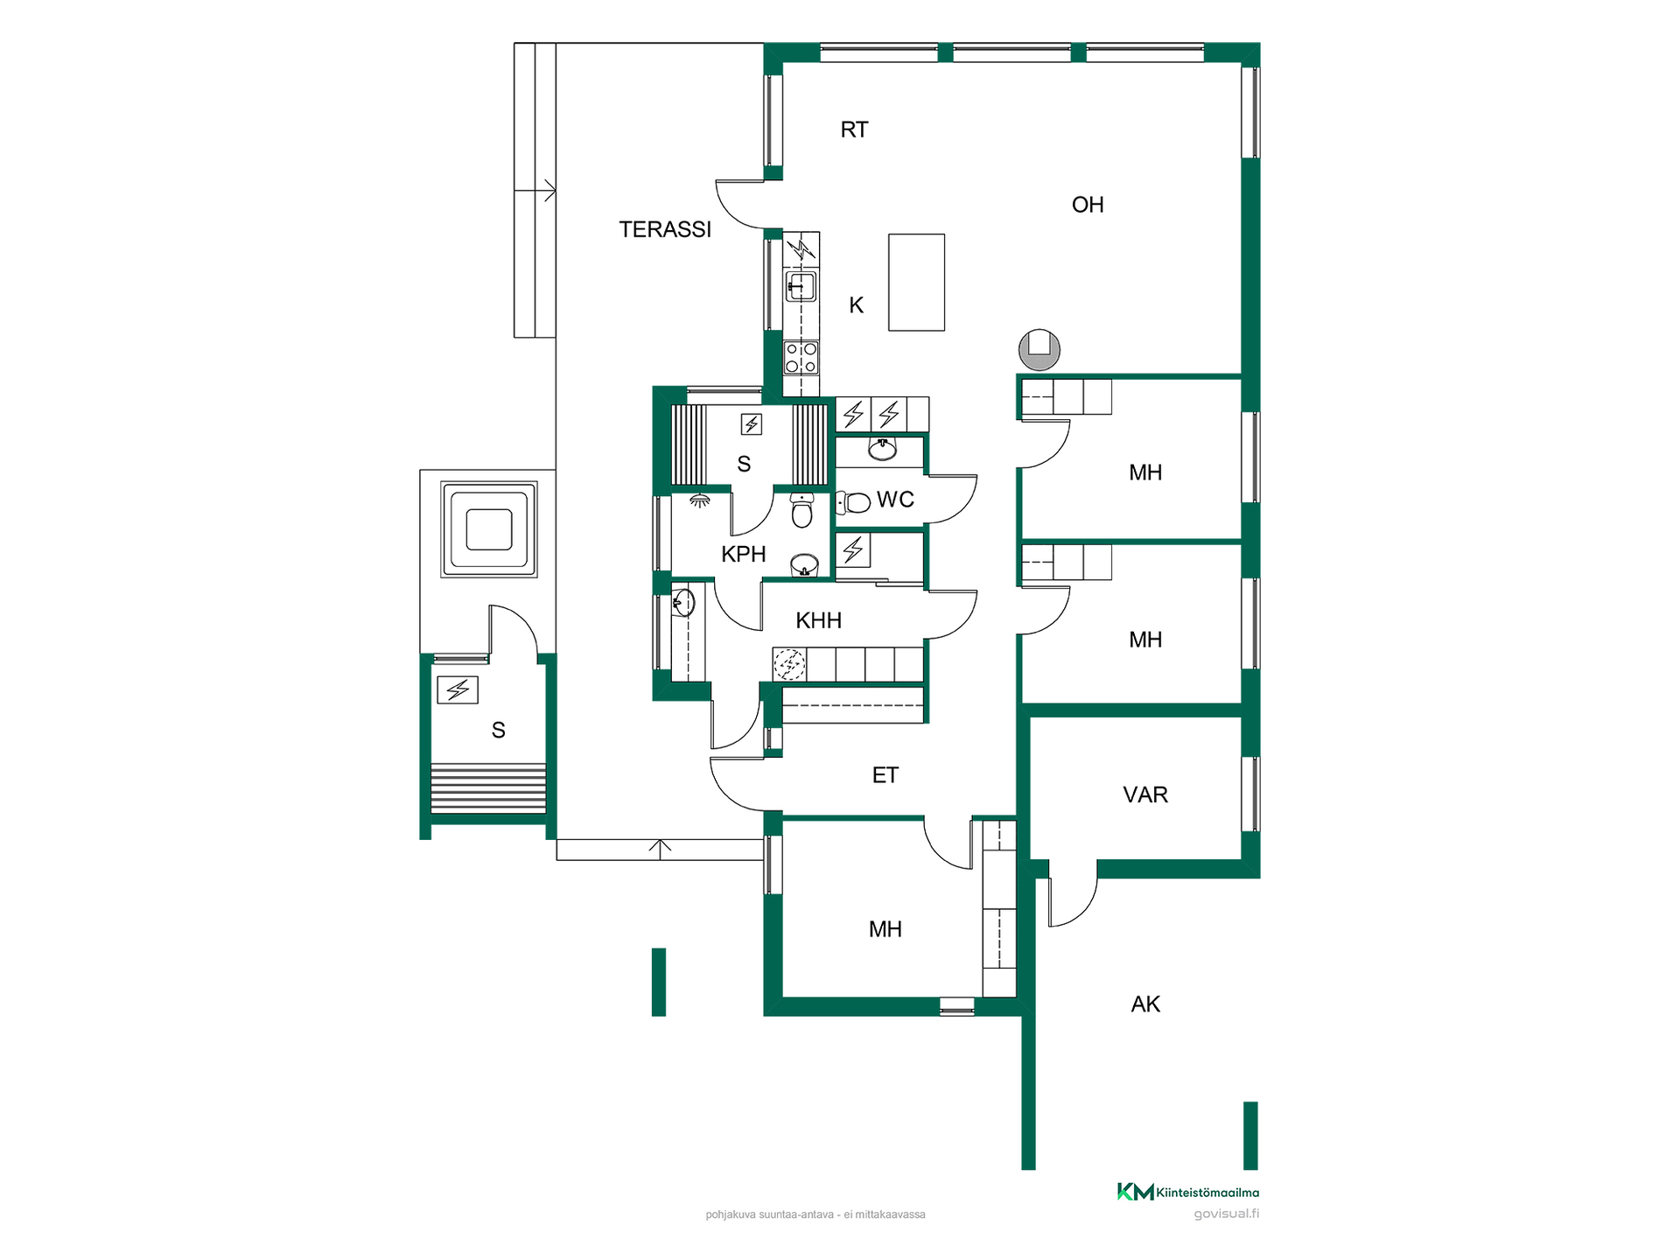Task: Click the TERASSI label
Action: pyautogui.click(x=665, y=229)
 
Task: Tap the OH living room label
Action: pyautogui.click(x=1088, y=205)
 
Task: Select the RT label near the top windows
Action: pyautogui.click(x=854, y=129)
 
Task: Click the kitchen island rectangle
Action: pyautogui.click(x=916, y=282)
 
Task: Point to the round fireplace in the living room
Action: pyautogui.click(x=1039, y=349)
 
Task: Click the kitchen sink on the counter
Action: pyautogui.click(x=801, y=286)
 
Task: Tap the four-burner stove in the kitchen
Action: pyautogui.click(x=801, y=358)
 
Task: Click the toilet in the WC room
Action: pyautogui.click(x=853, y=501)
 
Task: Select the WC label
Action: pyautogui.click(x=895, y=500)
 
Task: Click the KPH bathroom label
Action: pyautogui.click(x=744, y=554)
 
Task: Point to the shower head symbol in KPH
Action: pyautogui.click(x=699, y=500)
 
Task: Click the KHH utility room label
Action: pyautogui.click(x=818, y=620)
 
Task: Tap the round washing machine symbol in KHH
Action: pyautogui.click(x=789, y=664)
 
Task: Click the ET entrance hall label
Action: pyautogui.click(x=885, y=775)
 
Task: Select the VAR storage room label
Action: pyautogui.click(x=1145, y=794)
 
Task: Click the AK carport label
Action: pyautogui.click(x=1145, y=1004)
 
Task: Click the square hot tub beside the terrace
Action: pyautogui.click(x=488, y=529)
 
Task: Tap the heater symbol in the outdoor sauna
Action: pyautogui.click(x=458, y=690)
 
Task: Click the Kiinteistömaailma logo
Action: pyautogui.click(x=1187, y=1192)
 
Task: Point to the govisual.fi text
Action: pyautogui.click(x=1227, y=1214)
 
